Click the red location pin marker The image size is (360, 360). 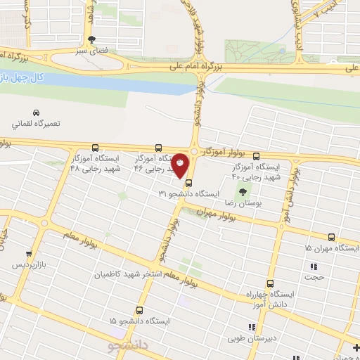click(x=181, y=165)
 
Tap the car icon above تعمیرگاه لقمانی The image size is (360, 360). click(x=35, y=112)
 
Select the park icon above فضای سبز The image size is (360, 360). click(x=91, y=39)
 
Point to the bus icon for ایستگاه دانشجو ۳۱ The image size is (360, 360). click(x=188, y=183)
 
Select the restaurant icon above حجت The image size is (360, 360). click(x=314, y=266)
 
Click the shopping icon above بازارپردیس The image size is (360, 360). click(x=29, y=254)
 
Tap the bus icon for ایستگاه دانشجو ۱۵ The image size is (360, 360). click(x=139, y=309)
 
